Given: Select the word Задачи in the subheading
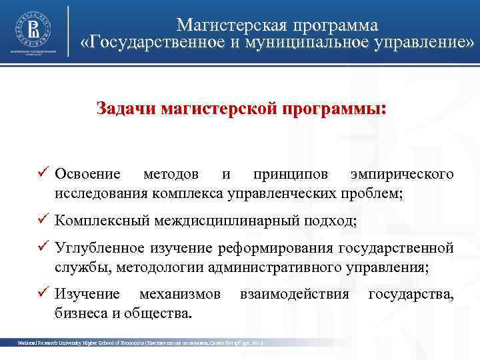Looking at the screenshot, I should (126, 108).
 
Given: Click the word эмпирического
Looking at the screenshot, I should (402, 175).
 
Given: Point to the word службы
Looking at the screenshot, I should (76, 268).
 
